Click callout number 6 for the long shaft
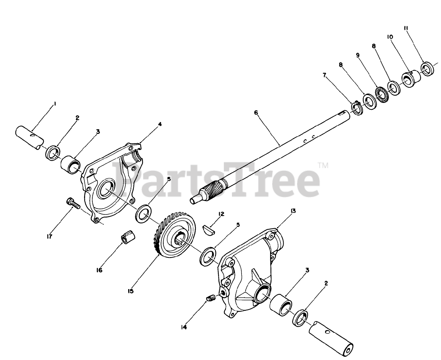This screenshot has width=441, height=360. [256, 113]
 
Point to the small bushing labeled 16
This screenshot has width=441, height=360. [128, 237]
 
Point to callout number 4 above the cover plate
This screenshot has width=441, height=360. [160, 124]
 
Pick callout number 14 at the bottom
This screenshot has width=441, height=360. [184, 327]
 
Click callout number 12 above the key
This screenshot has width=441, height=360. [221, 214]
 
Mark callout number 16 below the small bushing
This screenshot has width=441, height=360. [99, 270]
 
